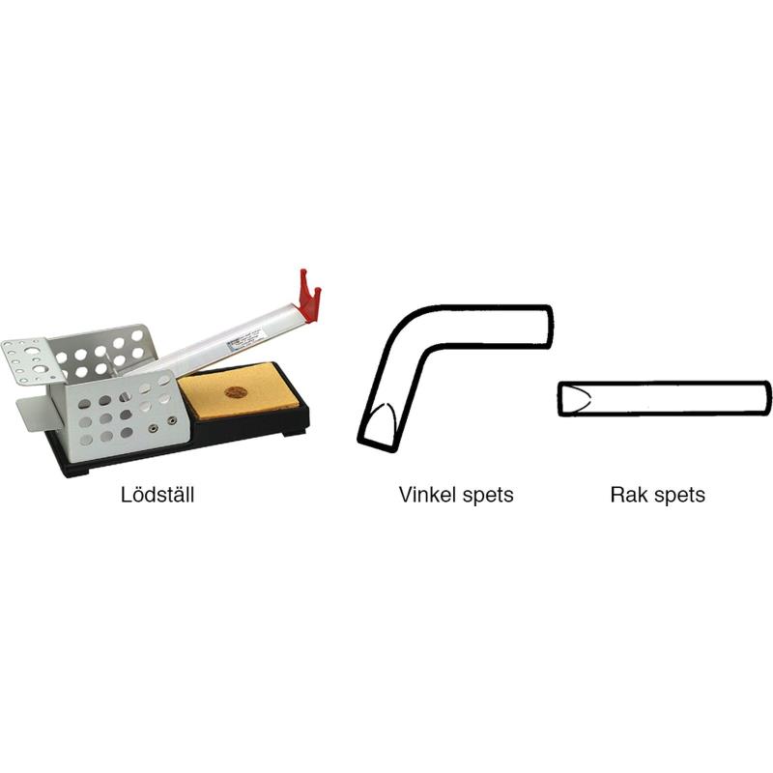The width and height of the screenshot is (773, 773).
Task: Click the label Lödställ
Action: click(x=157, y=495)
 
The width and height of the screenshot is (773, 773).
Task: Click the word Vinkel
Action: click(x=427, y=495)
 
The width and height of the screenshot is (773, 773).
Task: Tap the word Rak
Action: click(x=628, y=495)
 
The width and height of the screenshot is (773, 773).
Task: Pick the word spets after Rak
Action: click(x=679, y=497)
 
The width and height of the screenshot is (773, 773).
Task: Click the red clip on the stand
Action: click(x=309, y=296)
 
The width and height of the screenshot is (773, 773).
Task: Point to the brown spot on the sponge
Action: click(x=235, y=392)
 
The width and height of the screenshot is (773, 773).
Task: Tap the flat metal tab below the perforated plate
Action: click(x=35, y=414)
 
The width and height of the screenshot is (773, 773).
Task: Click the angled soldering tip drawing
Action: click(x=453, y=377)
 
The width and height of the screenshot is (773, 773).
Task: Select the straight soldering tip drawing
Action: click(x=664, y=398)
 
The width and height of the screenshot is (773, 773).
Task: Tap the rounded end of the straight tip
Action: click(x=766, y=398)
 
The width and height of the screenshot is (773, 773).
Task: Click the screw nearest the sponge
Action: click(x=172, y=420)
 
